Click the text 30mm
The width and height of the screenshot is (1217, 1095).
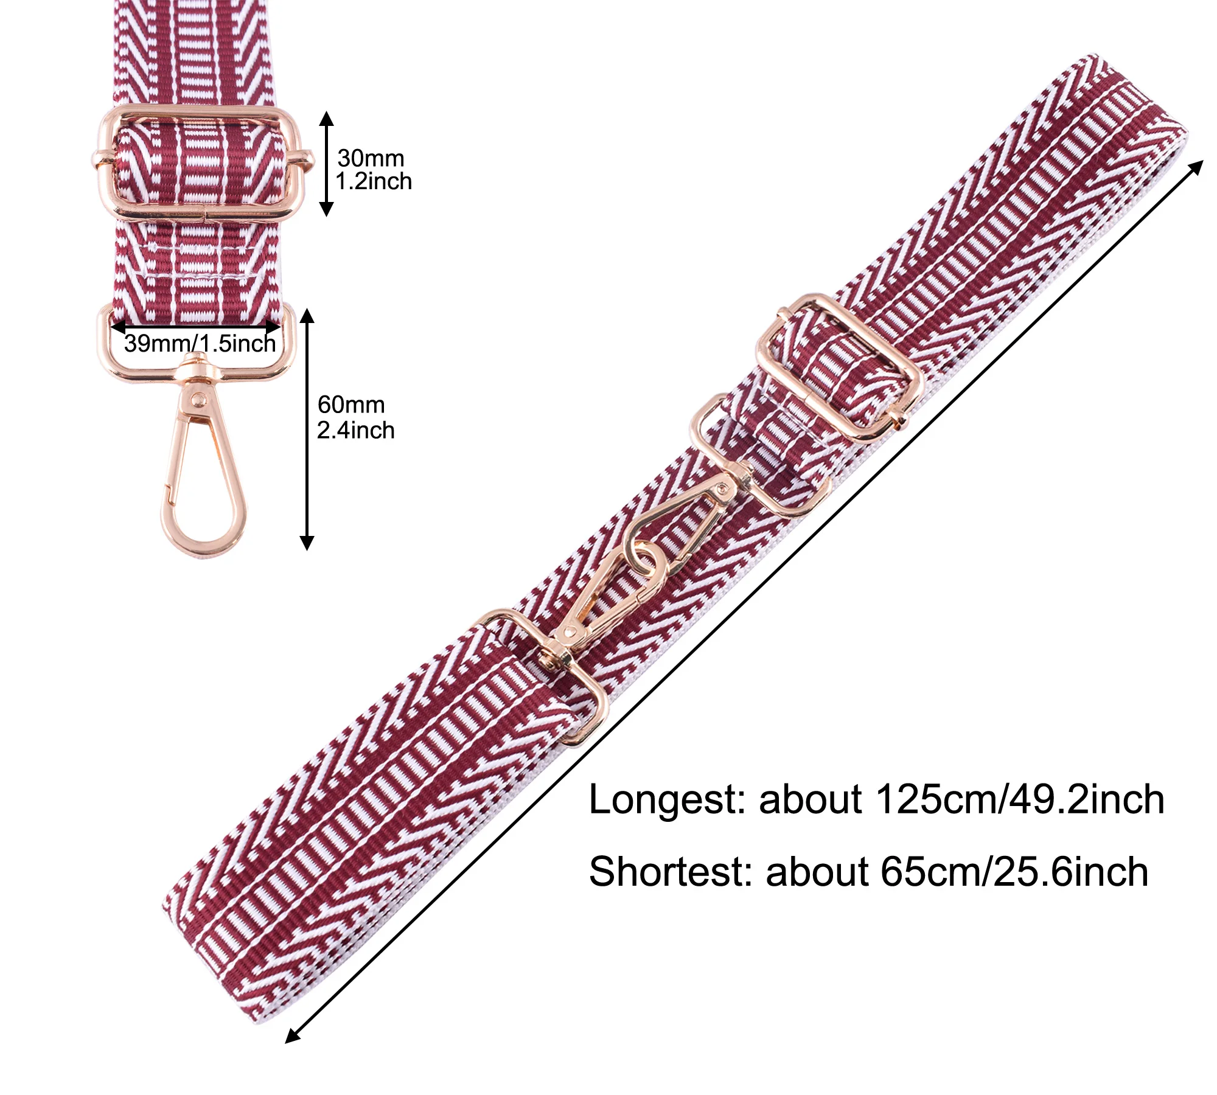pos(371,158)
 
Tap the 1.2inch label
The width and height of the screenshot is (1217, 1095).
pos(374,181)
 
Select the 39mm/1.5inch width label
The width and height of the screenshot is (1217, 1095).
pos(200,344)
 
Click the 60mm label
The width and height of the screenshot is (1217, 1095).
pos(351,405)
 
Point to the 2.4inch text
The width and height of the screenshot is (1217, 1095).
pos(355,430)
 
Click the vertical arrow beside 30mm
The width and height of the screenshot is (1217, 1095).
pos(327,164)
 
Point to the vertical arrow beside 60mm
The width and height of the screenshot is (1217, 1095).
pos(307,429)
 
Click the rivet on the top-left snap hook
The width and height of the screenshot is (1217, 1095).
pos(197,399)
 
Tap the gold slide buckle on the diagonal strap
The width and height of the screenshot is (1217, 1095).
pos(839,368)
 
